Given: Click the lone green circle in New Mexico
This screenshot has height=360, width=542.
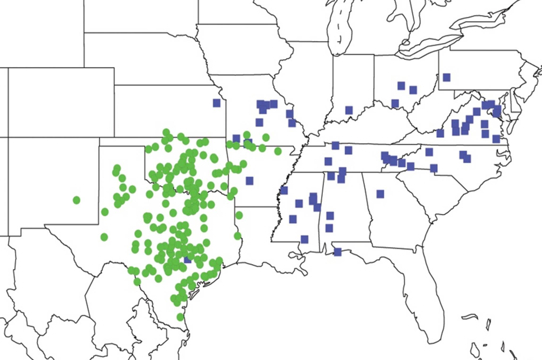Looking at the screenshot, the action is click(x=77, y=200).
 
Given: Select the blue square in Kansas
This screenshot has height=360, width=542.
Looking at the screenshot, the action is click(x=216, y=103).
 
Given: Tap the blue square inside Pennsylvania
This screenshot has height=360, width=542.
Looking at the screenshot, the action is click(x=446, y=77).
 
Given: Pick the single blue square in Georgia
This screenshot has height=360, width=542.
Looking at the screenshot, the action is click(x=380, y=194).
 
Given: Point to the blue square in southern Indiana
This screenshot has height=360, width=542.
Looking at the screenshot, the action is click(x=349, y=110).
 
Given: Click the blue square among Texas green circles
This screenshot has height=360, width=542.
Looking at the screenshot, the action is click(x=187, y=259).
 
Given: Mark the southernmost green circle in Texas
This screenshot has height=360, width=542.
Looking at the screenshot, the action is click(x=180, y=317).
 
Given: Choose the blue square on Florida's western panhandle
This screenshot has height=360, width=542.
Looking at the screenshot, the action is click(x=338, y=252).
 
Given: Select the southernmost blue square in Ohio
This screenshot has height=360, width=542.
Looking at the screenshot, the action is click(x=395, y=103).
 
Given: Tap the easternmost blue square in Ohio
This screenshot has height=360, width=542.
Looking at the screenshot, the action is click(x=413, y=90).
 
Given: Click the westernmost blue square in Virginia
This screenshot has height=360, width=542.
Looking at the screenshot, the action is click(x=440, y=133).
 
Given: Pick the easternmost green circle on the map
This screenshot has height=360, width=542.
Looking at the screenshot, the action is click(x=278, y=151).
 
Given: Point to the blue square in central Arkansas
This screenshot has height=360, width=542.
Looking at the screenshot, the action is click(x=249, y=181).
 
